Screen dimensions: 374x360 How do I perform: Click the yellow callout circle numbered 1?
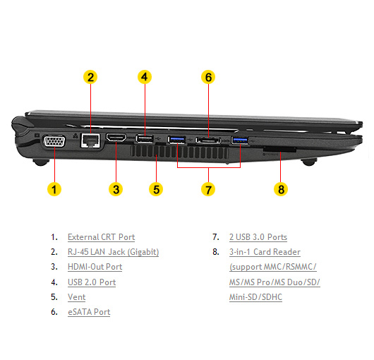(x=54, y=189)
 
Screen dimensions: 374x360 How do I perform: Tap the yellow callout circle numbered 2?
(x=90, y=77)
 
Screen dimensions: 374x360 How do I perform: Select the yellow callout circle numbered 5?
(x=156, y=189)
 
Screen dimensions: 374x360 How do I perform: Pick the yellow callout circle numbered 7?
(x=208, y=189)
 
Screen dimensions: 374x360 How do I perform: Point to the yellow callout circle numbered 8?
(x=281, y=189)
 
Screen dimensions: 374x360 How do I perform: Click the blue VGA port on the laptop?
(x=54, y=141)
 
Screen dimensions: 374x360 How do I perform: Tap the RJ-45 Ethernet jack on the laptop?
(x=90, y=140)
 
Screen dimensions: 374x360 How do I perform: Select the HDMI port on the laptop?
(x=116, y=138)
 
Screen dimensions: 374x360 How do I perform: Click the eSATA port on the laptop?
(x=208, y=140)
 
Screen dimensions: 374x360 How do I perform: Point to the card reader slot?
(x=279, y=150)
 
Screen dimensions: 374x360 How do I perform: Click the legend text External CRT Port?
(x=102, y=237)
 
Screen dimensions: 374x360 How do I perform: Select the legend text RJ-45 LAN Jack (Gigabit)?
(x=114, y=252)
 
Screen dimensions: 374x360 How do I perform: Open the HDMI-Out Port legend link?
(x=95, y=267)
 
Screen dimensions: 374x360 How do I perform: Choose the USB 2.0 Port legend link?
(x=92, y=282)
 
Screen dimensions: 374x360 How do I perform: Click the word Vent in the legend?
(x=77, y=297)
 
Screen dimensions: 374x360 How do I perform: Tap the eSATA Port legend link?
(x=89, y=312)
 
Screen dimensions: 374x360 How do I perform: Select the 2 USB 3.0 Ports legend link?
(x=258, y=237)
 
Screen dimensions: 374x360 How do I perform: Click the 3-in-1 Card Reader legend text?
(x=265, y=252)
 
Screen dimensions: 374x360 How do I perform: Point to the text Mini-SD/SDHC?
(x=255, y=297)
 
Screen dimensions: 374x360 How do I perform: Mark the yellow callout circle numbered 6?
(x=208, y=77)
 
